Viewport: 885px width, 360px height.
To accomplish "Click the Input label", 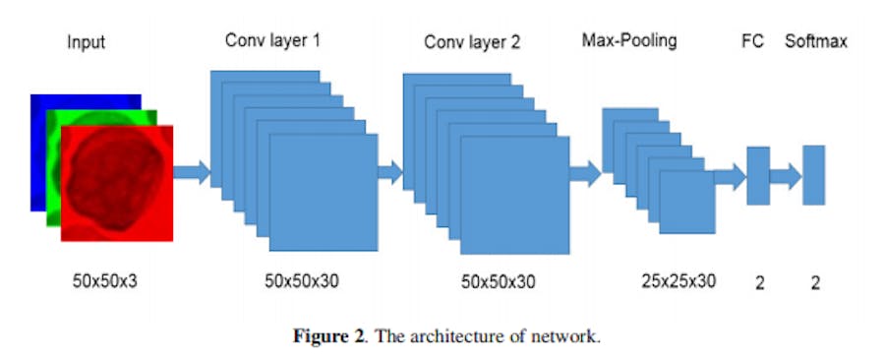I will (86, 43).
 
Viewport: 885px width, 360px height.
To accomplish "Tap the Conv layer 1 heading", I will (272, 41).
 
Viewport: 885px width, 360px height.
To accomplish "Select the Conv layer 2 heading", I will (472, 43).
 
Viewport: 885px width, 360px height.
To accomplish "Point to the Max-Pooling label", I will (629, 41).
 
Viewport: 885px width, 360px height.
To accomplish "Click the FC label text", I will (752, 42).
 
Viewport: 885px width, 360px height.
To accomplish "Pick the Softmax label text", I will (816, 42).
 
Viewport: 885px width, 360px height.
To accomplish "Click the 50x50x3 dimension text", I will (105, 281).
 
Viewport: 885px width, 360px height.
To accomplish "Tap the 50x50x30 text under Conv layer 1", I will (301, 281).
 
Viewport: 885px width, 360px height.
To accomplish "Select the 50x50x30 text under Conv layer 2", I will (499, 281).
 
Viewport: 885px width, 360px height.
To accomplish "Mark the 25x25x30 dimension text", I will (678, 281).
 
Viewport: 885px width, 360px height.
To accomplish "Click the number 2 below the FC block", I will (759, 283).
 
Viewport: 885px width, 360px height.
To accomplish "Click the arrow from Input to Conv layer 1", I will (192, 174).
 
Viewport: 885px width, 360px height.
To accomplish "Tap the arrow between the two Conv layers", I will (390, 174).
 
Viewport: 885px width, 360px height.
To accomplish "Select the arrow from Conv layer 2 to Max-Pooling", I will (585, 174).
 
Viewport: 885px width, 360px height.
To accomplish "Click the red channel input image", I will (117, 183).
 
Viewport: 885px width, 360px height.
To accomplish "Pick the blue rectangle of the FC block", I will (758, 175).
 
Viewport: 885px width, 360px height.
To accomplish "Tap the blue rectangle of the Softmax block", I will (812, 175).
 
